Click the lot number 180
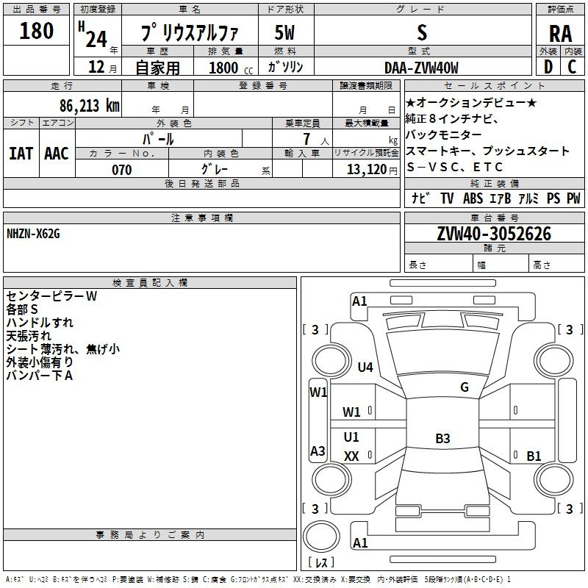36,30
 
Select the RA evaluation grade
560,33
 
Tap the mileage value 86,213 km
89,106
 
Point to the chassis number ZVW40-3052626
494,234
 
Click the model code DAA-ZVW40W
421,68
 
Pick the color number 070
122,170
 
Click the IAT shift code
21,154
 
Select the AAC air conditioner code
57,154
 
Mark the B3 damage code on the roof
442,438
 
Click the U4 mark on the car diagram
365,367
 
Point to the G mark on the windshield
465,387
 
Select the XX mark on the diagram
351,456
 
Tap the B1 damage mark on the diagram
534,456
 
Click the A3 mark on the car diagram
318,451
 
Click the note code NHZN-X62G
33,234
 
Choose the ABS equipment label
473,198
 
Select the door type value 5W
284,32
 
